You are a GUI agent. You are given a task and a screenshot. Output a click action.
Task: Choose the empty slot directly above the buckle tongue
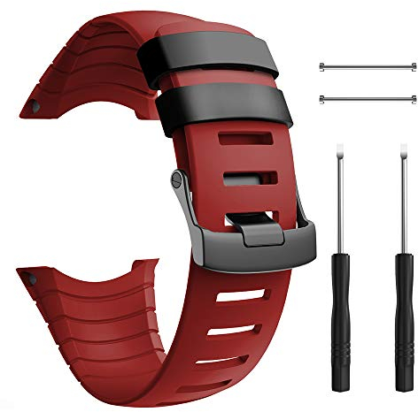(241, 179)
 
